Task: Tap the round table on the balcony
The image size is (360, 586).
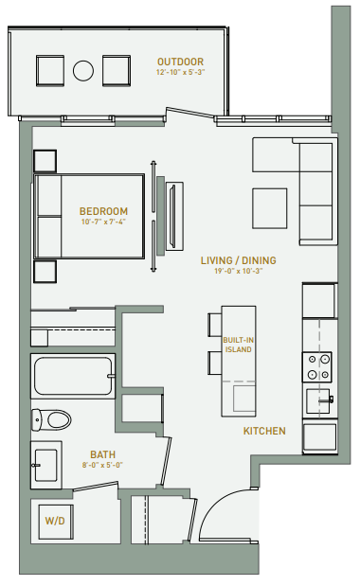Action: (x=83, y=71)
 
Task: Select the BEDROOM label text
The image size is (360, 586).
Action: (x=103, y=211)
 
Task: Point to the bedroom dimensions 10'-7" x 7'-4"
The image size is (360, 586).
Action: (x=103, y=223)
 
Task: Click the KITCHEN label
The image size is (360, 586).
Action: (x=264, y=431)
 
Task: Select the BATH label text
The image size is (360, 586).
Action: (x=103, y=454)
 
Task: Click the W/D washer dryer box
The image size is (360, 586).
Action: (x=51, y=520)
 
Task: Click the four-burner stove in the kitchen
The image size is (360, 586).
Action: (x=316, y=364)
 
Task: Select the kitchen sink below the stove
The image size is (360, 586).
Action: (x=318, y=400)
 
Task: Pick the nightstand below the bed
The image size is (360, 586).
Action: (x=44, y=273)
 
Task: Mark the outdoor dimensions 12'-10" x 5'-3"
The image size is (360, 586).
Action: (x=180, y=72)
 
